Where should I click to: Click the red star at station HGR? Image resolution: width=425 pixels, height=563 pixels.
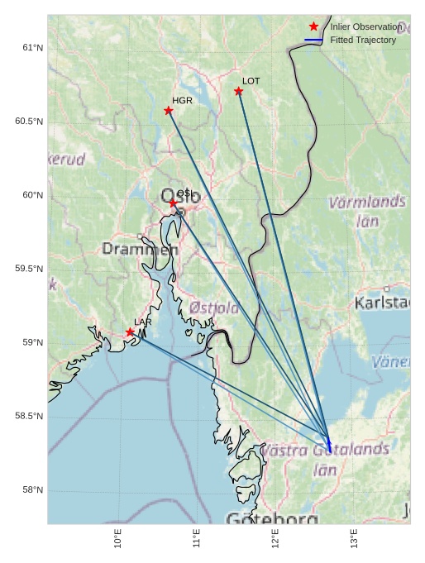(x=169, y=111)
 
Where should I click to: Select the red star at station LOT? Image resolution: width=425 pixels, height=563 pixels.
(x=239, y=91)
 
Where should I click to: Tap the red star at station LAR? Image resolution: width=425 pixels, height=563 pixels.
(x=130, y=332)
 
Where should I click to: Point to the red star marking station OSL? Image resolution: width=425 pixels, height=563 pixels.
(x=174, y=203)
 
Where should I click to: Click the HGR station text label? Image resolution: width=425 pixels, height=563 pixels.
(x=182, y=100)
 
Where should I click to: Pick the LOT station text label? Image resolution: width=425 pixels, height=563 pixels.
(x=251, y=81)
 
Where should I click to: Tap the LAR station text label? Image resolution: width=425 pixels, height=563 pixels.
(x=143, y=322)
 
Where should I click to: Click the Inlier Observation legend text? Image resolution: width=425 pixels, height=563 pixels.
(x=365, y=26)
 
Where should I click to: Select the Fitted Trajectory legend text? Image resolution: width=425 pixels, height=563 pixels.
(x=363, y=40)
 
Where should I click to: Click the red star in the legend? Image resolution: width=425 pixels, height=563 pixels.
(x=313, y=26)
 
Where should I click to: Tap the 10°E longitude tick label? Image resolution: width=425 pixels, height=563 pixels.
(x=118, y=538)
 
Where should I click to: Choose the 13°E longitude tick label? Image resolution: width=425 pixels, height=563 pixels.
(x=354, y=538)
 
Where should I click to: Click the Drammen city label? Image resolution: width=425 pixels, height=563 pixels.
(x=140, y=249)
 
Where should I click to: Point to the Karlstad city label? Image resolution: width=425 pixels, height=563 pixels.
(x=382, y=303)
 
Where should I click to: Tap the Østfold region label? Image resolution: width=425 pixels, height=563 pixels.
(x=214, y=308)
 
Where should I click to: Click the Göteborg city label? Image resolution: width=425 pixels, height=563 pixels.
(x=272, y=518)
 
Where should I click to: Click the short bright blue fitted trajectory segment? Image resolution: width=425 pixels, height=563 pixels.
(x=329, y=443)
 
